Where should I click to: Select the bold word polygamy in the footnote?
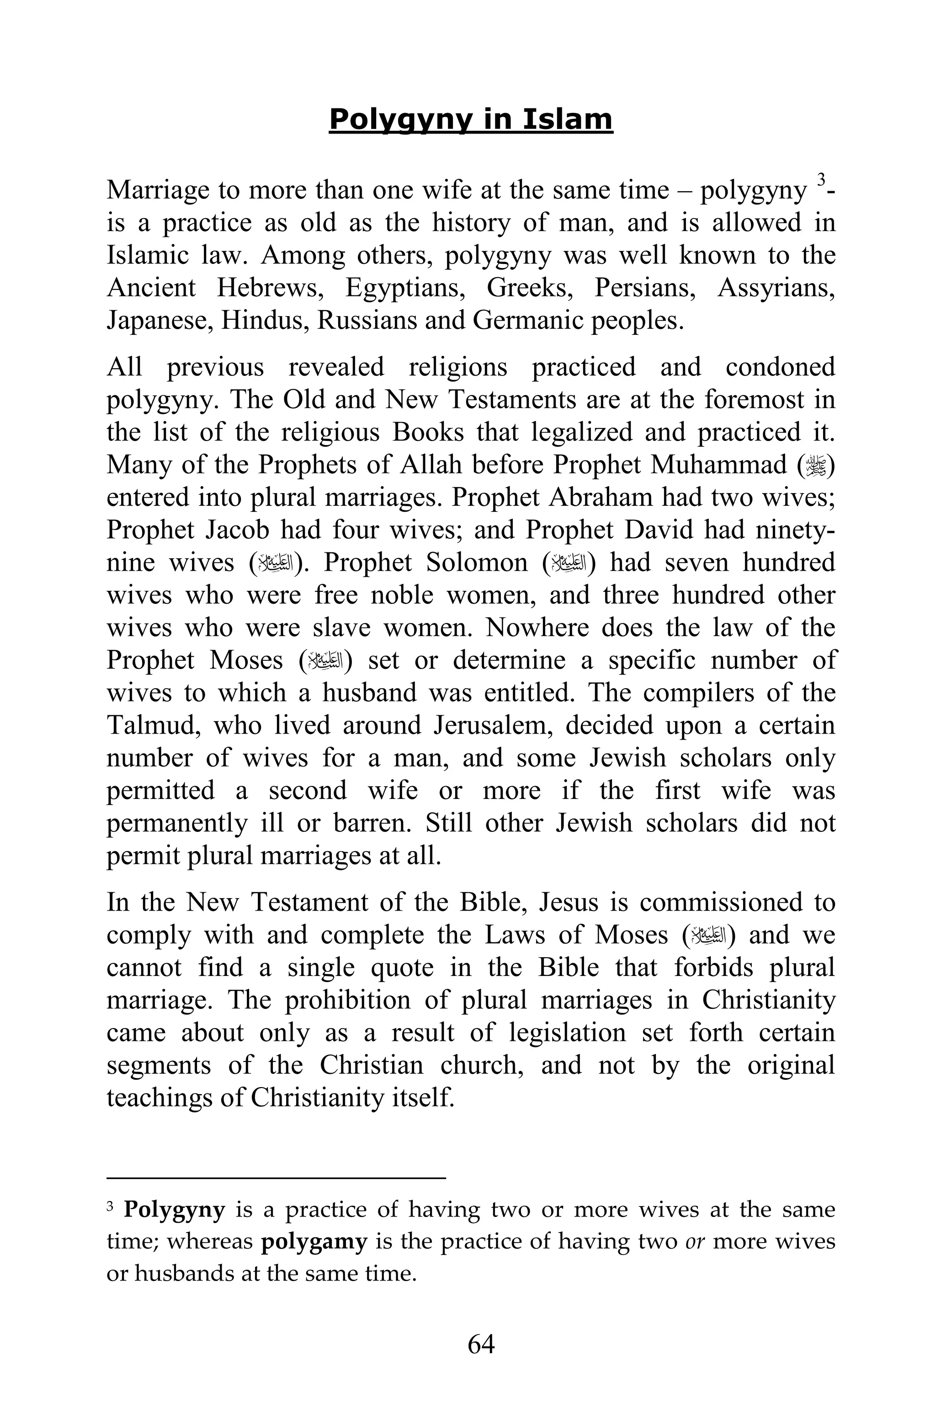(x=314, y=1242)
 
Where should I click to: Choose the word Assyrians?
(x=776, y=288)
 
